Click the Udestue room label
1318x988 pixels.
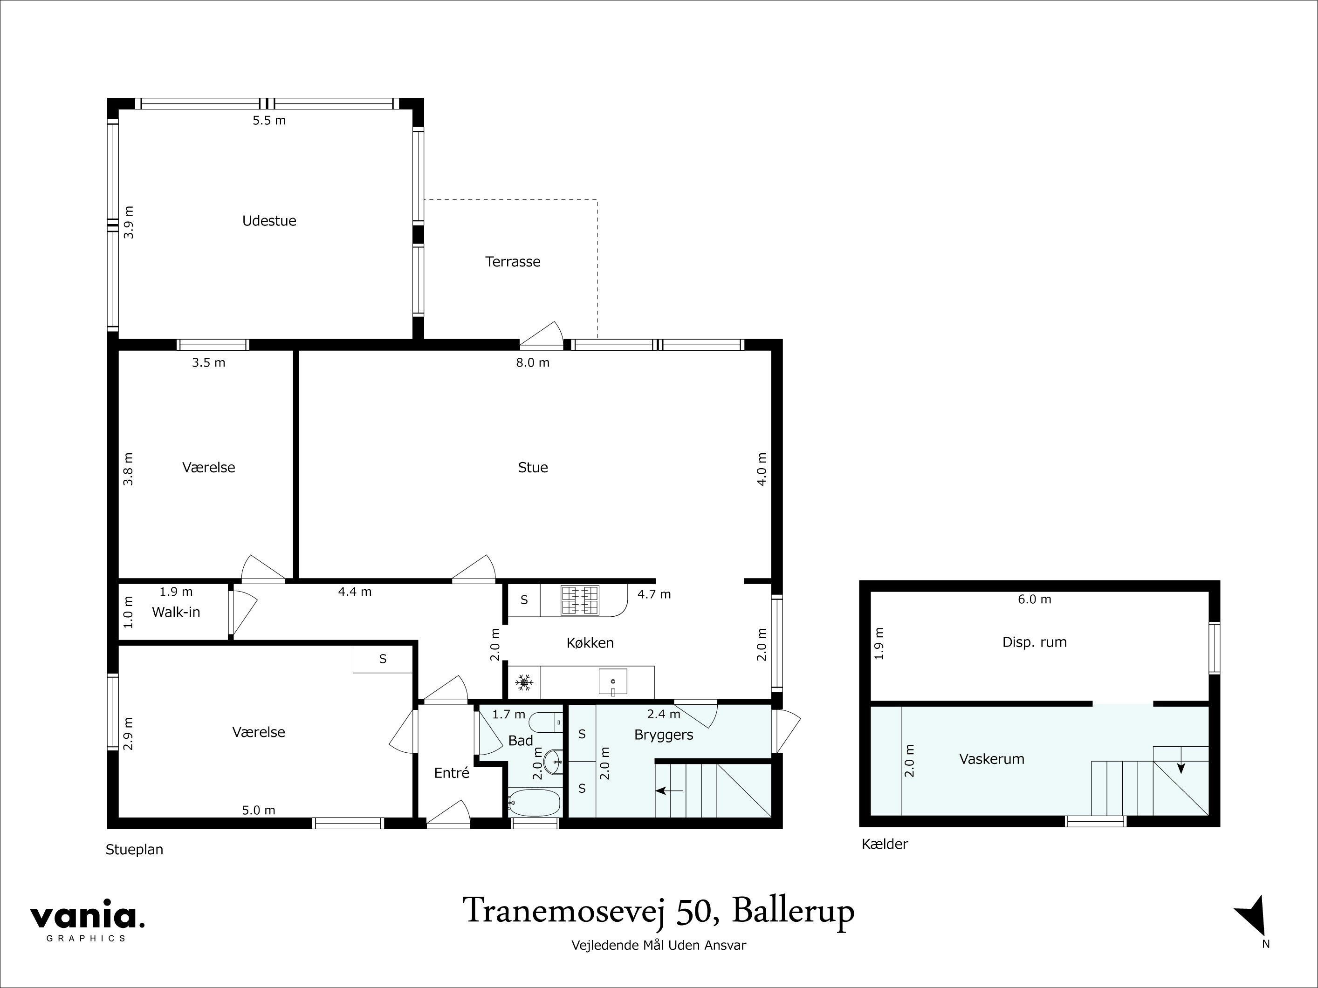pyautogui.click(x=269, y=221)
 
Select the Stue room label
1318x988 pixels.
pyautogui.click(x=533, y=468)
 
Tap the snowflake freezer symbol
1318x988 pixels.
pyautogui.click(x=524, y=682)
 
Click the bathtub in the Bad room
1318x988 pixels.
pyautogui.click(x=535, y=803)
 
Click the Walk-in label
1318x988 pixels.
pyautogui.click(x=176, y=612)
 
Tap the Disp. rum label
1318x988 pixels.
pyautogui.click(x=1034, y=642)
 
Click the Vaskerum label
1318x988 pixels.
pyautogui.click(x=991, y=759)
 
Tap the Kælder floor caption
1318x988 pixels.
pyautogui.click(x=884, y=845)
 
